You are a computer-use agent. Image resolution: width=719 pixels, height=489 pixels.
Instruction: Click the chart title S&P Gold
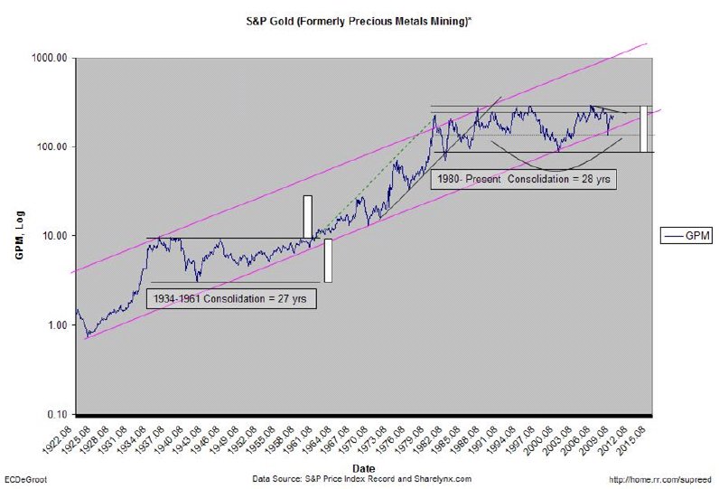(x=359, y=19)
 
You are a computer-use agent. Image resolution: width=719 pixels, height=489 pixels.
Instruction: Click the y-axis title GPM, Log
(x=18, y=238)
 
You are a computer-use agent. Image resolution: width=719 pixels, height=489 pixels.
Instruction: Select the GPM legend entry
(x=686, y=235)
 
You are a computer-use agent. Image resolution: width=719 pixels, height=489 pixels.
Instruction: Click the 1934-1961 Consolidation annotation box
(x=230, y=298)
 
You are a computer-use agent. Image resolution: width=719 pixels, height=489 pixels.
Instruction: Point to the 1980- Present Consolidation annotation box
(x=524, y=179)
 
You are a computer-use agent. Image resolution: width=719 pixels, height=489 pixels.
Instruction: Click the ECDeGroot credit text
(x=26, y=478)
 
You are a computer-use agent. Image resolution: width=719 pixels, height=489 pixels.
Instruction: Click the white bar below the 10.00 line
(x=328, y=260)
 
